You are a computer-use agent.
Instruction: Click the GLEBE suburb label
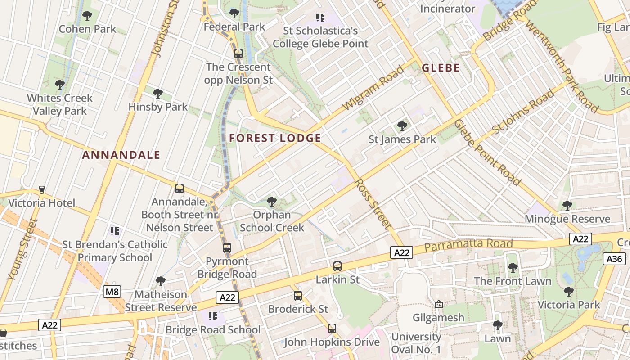441,68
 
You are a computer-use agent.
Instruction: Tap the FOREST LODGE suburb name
275,138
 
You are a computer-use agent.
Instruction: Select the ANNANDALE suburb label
121,155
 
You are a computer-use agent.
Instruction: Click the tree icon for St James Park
402,126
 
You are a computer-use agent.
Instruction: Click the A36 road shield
614,259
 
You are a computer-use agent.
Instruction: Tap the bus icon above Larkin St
337,266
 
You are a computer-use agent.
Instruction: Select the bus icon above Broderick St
298,296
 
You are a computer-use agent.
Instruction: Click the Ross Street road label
372,202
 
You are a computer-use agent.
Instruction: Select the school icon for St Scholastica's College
320,18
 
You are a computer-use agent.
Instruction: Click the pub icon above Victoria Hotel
42,190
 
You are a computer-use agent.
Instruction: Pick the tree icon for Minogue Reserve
567,206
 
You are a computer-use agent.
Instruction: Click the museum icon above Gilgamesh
439,305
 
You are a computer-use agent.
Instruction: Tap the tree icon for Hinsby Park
157,94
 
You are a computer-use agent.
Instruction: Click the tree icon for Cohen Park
87,16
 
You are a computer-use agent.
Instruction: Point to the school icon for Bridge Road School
213,316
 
